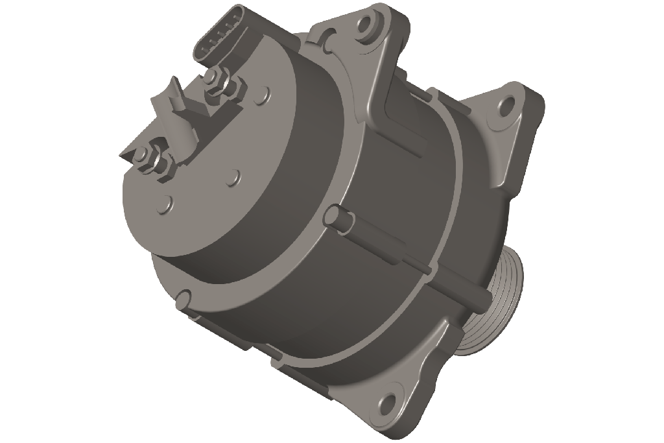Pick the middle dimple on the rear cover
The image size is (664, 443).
click(234, 176)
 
